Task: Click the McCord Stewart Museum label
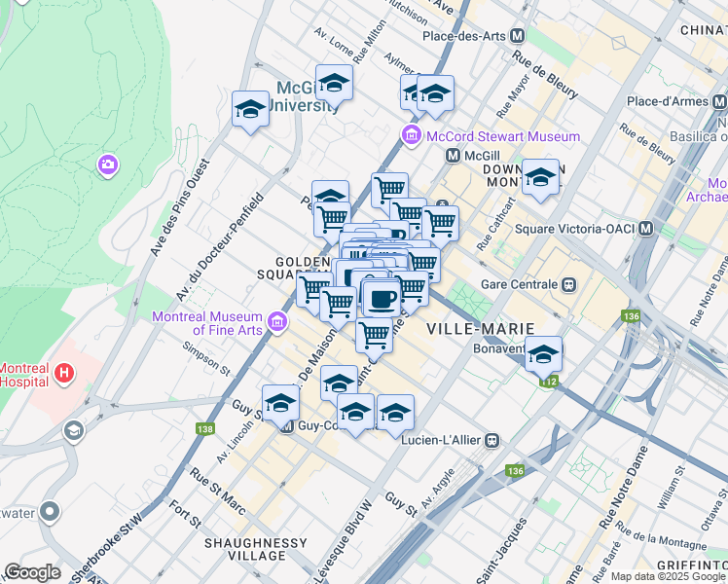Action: (502, 137)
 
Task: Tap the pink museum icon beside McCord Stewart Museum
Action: (412, 135)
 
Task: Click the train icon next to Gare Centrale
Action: (568, 285)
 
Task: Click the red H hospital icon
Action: (63, 371)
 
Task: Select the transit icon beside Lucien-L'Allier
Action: (493, 440)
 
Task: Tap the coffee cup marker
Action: (382, 297)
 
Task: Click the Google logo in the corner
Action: (32, 572)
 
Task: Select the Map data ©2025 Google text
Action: (668, 576)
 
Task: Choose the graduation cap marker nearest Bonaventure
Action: (544, 355)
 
